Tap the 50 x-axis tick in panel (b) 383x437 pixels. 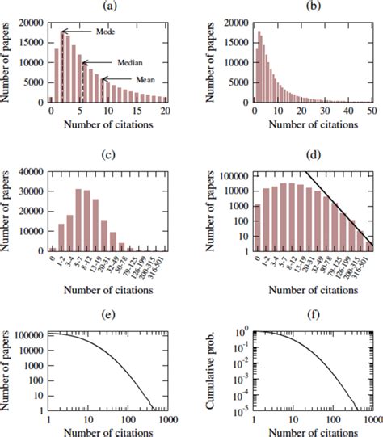pos(370,110)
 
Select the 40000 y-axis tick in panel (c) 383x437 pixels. pos(35,172)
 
